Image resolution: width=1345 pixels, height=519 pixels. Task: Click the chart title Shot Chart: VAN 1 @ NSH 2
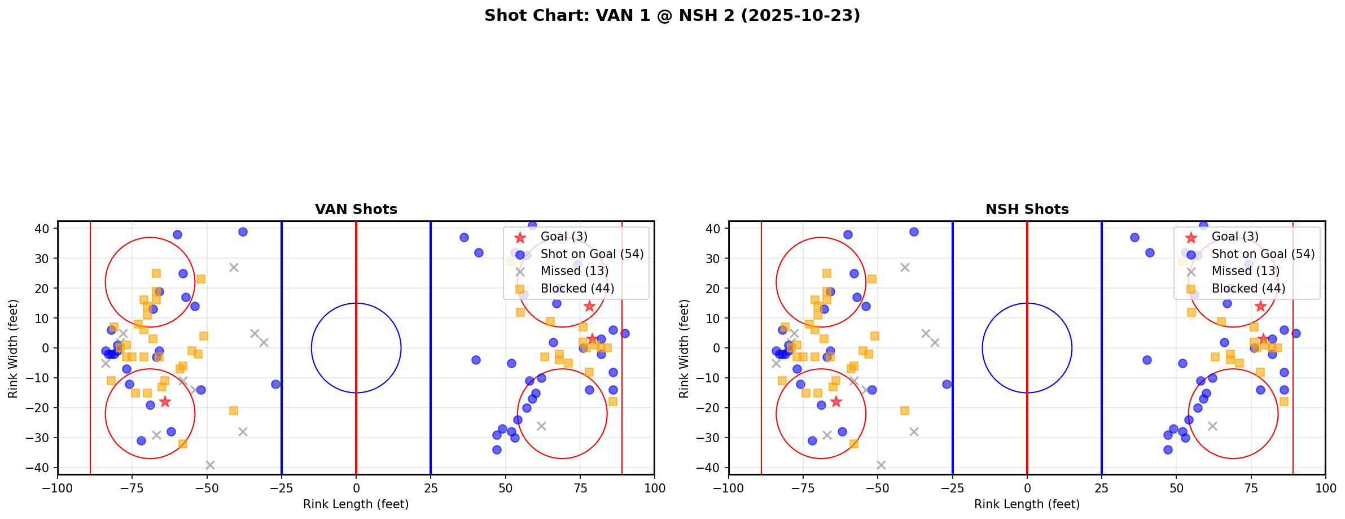(672, 16)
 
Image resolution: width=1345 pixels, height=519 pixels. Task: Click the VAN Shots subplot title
(356, 210)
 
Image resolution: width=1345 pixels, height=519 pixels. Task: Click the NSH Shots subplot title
(1027, 210)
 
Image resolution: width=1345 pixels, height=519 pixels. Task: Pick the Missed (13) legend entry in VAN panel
(574, 271)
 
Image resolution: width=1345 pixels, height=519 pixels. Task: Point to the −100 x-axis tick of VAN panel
(58, 488)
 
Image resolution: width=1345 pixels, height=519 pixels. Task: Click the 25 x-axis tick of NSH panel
(1102, 488)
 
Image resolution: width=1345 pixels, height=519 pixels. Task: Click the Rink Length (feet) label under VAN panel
(356, 504)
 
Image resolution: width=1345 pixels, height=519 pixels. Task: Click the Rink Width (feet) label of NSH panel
(684, 348)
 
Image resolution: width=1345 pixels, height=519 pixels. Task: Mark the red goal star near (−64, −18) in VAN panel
(165, 402)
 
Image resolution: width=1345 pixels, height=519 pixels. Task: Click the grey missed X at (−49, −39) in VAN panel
(210, 465)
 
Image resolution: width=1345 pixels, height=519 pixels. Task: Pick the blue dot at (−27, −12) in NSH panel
(947, 384)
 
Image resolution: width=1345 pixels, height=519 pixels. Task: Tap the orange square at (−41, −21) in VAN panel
(234, 411)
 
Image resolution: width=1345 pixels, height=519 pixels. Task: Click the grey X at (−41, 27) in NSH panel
(905, 267)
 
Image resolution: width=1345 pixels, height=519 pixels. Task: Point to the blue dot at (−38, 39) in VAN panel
(243, 232)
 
